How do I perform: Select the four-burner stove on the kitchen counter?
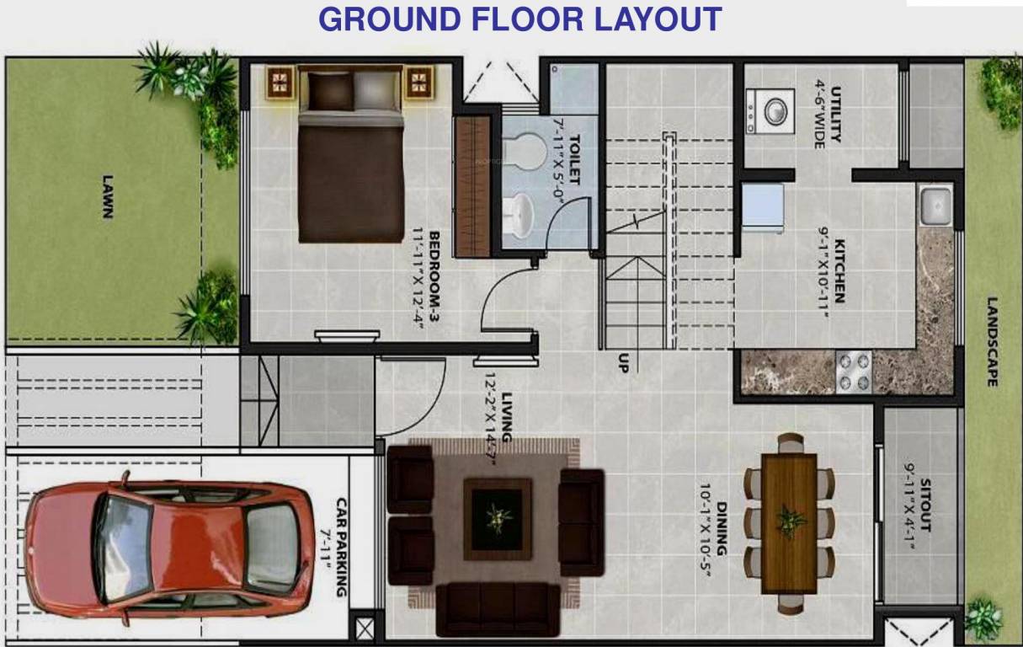tap(854, 372)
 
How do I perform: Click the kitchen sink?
tap(935, 206)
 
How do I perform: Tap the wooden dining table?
tap(789, 522)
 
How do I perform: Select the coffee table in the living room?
tap(497, 519)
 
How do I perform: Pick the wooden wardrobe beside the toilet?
tap(472, 185)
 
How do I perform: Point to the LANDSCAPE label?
tap(992, 341)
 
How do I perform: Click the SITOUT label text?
tap(926, 505)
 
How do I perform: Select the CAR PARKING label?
tap(341, 546)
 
